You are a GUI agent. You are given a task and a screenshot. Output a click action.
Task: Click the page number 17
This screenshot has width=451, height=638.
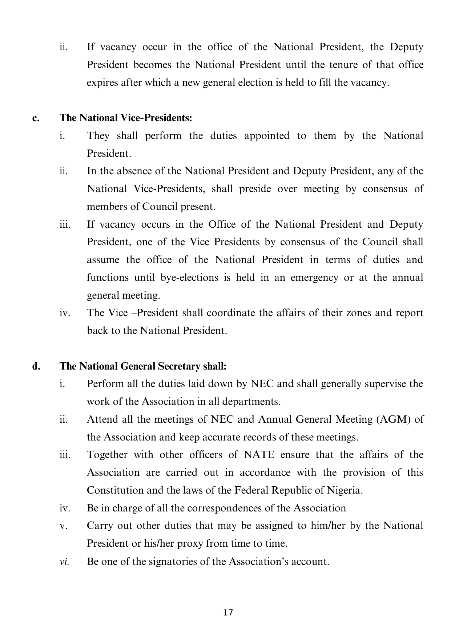click(228, 613)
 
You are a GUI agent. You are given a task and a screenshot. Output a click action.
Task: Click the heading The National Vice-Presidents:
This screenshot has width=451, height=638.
click(126, 118)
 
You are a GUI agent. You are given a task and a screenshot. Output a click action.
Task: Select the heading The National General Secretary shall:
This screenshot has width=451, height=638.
click(143, 366)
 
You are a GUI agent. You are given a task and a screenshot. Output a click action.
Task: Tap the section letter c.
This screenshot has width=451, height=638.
click(35, 118)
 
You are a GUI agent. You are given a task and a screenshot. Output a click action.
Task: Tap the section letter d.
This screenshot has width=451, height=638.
click(36, 366)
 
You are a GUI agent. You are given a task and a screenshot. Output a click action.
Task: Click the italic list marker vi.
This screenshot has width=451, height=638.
click(64, 562)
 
